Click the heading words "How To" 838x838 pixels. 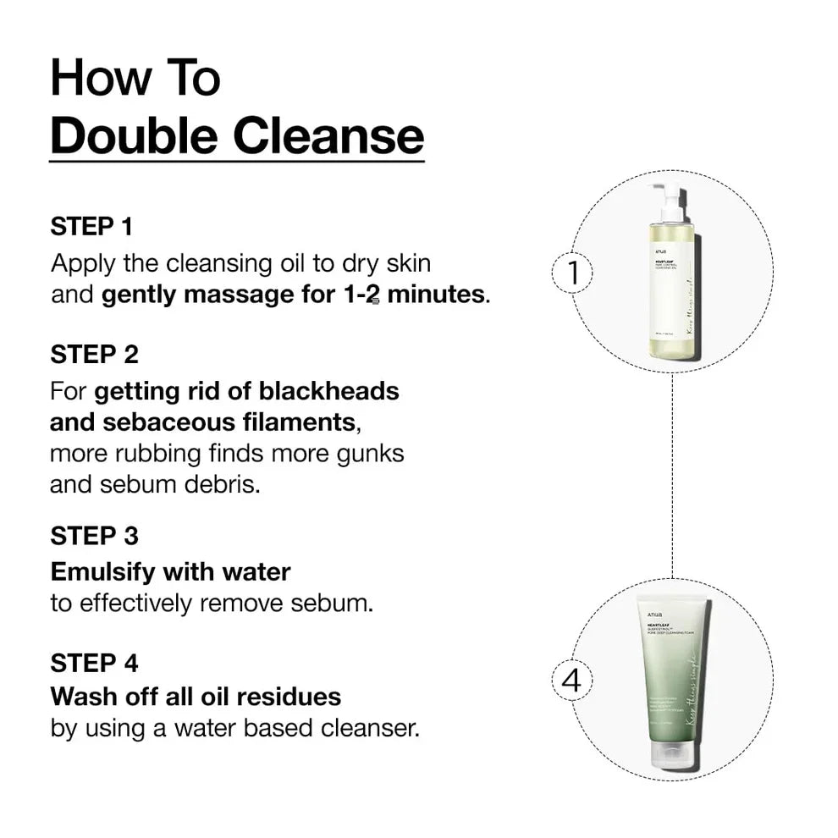click(135, 78)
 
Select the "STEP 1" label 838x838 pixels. click(91, 227)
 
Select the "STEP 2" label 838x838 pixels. click(94, 354)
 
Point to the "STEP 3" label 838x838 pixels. click(94, 536)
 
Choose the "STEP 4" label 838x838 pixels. click(94, 663)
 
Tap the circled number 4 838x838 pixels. click(573, 681)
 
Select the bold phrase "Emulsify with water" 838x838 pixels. click(170, 572)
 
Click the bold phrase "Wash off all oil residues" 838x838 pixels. click(196, 697)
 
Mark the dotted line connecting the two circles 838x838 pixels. click(673, 474)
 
